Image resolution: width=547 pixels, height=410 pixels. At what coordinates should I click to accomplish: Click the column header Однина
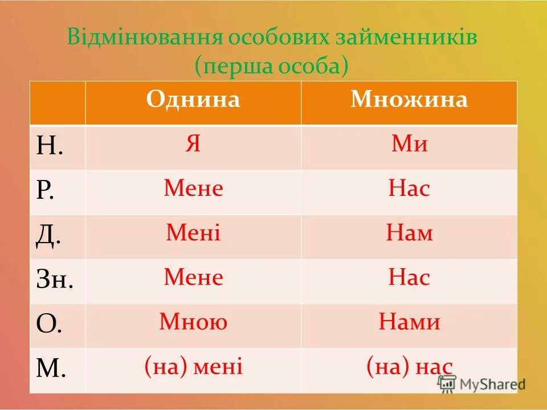pyautogui.click(x=193, y=100)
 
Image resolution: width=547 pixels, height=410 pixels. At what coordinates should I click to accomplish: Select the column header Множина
pyautogui.click(x=409, y=100)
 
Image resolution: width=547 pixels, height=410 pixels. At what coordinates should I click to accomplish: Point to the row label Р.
pyautogui.click(x=45, y=191)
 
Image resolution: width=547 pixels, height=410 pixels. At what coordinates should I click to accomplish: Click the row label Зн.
pyautogui.click(x=54, y=280)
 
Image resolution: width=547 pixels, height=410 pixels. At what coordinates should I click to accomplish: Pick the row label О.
pyautogui.click(x=48, y=325)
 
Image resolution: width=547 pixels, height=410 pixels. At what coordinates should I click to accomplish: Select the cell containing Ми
pyautogui.click(x=409, y=145)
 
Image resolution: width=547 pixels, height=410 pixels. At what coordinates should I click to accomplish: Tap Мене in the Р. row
pyautogui.click(x=193, y=188)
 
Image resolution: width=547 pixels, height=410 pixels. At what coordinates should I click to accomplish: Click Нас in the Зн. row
pyautogui.click(x=409, y=278)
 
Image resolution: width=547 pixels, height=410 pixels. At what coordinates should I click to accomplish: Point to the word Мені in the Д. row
pyautogui.click(x=193, y=233)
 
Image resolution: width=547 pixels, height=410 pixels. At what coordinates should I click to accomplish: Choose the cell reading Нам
pyautogui.click(x=409, y=233)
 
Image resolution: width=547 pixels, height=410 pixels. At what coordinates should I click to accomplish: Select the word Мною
pyautogui.click(x=193, y=322)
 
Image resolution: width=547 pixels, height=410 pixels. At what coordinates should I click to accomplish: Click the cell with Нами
pyautogui.click(x=409, y=322)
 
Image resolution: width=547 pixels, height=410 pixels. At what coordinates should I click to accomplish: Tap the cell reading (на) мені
pyautogui.click(x=193, y=366)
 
